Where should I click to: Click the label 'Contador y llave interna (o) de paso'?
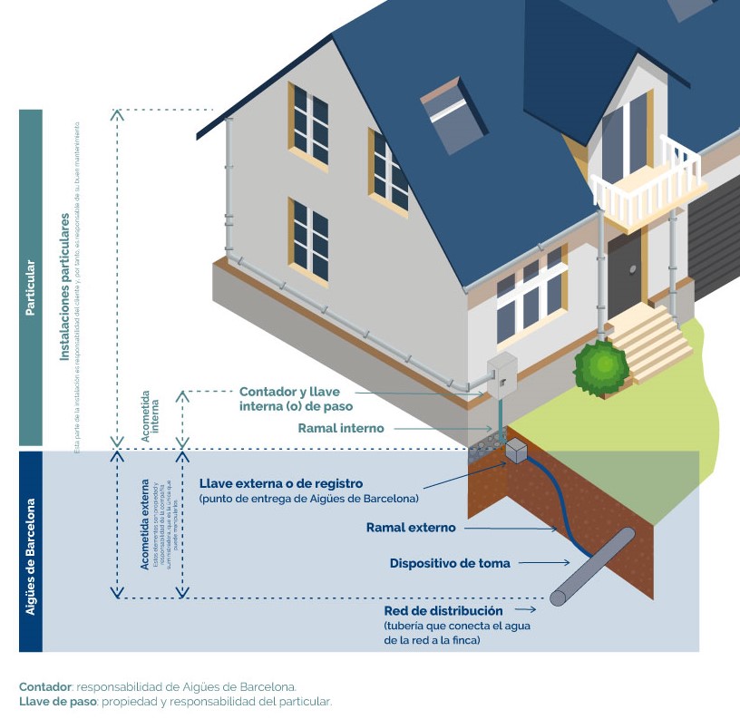coord(295,398)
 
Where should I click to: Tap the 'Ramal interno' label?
coord(341,428)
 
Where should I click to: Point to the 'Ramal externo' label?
coord(411,527)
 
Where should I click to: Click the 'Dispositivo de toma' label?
coord(450,563)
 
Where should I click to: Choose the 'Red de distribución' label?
coord(443,611)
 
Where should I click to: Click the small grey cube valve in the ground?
coord(516,452)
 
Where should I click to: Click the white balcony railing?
coord(647,180)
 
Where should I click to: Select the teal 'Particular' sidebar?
coord(30,277)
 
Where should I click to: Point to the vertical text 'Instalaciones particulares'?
coord(64,288)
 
